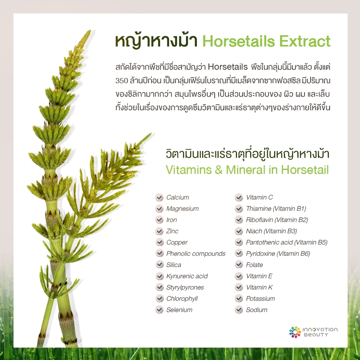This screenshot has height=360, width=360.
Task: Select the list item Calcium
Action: tap(177, 197)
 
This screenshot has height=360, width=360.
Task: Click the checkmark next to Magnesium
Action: tap(159, 208)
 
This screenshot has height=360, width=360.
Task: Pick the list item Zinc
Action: tap(172, 231)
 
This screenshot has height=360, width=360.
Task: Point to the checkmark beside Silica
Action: tap(159, 265)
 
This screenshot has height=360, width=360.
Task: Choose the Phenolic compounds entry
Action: tap(196, 254)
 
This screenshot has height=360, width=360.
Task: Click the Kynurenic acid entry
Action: tap(187, 276)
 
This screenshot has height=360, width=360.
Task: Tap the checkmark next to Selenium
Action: tap(159, 310)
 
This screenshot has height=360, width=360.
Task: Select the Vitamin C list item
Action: tap(259, 197)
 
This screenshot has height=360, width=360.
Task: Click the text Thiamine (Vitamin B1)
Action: tap(276, 208)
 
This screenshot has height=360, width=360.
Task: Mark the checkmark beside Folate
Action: tap(239, 265)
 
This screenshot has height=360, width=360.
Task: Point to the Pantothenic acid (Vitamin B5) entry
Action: tap(286, 242)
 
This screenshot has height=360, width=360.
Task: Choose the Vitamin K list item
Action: tap(259, 287)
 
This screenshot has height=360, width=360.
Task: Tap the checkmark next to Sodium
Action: tap(239, 310)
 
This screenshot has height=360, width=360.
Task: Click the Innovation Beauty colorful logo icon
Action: tap(295, 332)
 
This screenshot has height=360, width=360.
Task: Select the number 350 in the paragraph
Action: tap(121, 81)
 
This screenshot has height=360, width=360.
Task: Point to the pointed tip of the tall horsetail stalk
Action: tap(90, 30)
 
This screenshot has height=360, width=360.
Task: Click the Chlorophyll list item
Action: tap(182, 298)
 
